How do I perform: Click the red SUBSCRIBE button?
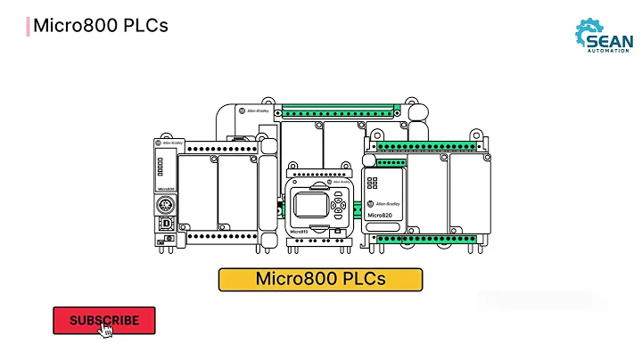pos(104,320)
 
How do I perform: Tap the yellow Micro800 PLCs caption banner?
pos(320,279)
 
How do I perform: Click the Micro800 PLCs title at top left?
pos(100,25)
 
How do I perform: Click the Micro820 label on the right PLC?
pos(381,215)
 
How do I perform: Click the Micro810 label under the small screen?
pos(300,232)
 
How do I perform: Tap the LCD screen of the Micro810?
pos(309,201)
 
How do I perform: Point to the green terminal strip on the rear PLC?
pos(337,113)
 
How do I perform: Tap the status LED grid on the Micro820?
pos(372,182)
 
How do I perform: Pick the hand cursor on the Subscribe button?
pos(106,331)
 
